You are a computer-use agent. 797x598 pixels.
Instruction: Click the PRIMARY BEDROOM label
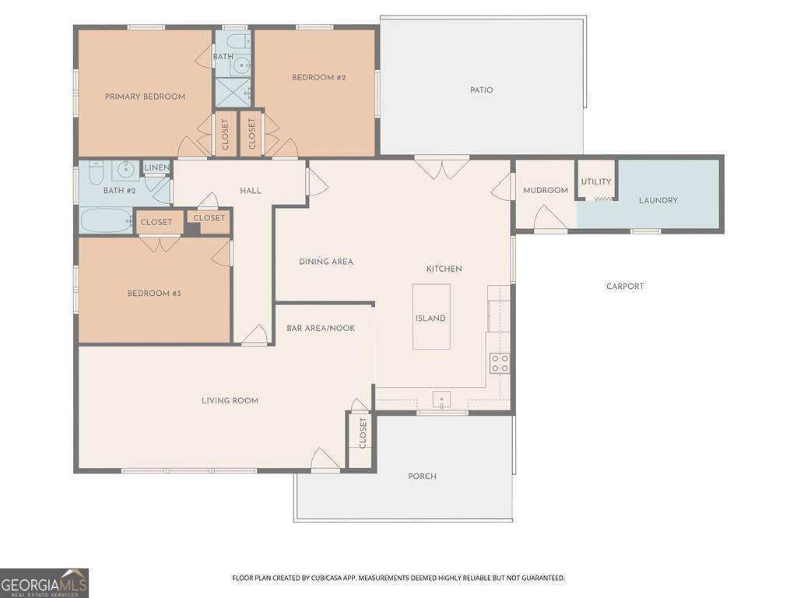click(145, 97)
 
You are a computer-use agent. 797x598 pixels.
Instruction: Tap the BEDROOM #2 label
click(318, 78)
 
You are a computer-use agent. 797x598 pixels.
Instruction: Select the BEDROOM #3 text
click(154, 294)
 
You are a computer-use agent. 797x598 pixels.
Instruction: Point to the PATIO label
click(481, 90)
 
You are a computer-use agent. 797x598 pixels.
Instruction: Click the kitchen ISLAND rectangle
click(431, 317)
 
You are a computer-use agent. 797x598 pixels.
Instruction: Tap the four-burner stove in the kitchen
click(499, 363)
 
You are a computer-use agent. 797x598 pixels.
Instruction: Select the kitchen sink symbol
click(442, 399)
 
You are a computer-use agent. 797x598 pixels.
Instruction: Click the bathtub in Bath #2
click(106, 220)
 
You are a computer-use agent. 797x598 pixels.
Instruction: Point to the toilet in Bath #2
click(96, 172)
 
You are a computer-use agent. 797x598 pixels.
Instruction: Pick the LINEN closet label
click(156, 168)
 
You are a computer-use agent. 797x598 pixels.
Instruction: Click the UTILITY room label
click(596, 181)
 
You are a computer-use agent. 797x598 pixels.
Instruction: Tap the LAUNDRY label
click(658, 200)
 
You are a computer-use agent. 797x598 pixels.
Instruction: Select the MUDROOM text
click(546, 190)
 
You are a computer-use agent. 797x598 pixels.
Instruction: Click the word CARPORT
click(625, 287)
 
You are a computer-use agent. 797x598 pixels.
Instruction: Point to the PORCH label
click(423, 477)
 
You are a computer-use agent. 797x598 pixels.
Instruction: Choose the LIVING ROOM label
click(230, 401)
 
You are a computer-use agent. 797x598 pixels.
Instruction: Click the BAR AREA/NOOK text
click(321, 329)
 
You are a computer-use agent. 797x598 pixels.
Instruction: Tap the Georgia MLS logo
click(44, 583)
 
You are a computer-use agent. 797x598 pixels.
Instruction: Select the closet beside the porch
click(361, 439)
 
